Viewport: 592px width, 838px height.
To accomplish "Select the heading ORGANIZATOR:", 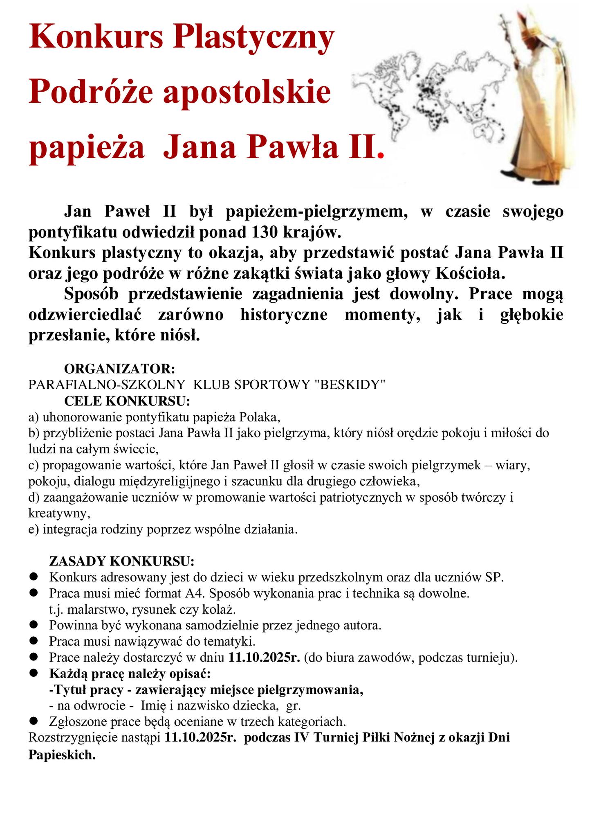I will pyautogui.click(x=120, y=369).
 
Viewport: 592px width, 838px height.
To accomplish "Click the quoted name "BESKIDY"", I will pyautogui.click(x=351, y=385).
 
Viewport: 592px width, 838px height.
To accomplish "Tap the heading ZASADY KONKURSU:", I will pyautogui.click(x=121, y=560).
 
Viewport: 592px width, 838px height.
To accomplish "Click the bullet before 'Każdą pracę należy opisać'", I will pyautogui.click(x=34, y=673).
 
